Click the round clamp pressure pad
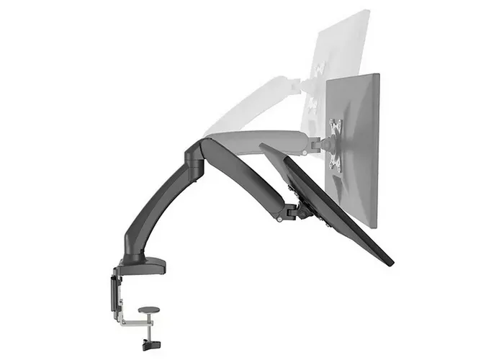click(x=149, y=310)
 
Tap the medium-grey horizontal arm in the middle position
click(x=266, y=139)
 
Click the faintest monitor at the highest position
click(x=338, y=50)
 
